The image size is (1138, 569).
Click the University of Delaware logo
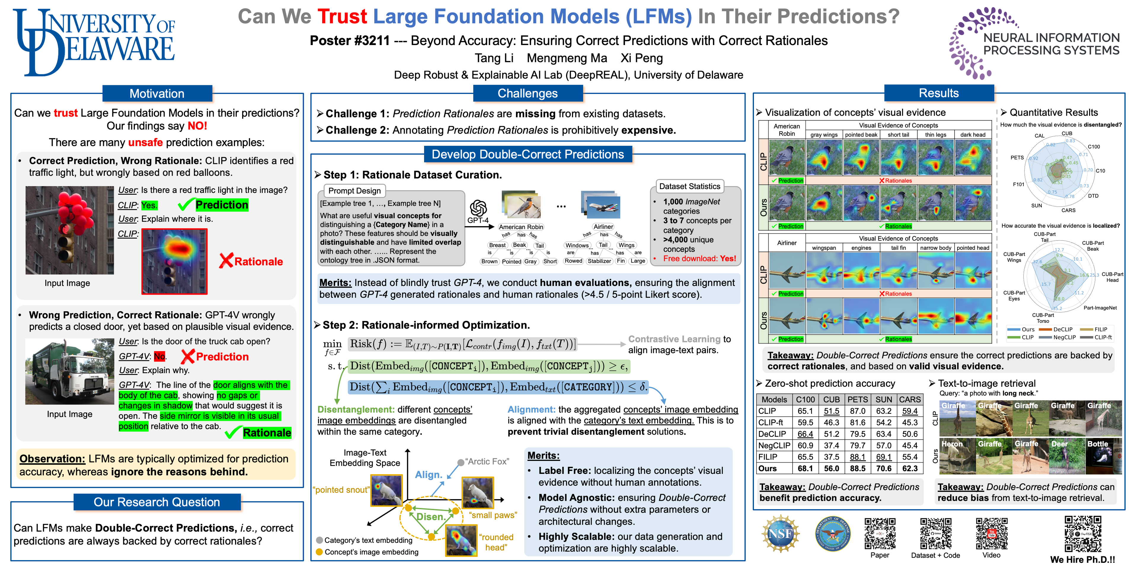94,42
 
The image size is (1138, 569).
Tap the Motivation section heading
157,94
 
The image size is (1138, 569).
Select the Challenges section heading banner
528,93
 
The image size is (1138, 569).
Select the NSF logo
780,534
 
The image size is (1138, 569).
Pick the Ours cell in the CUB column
831,468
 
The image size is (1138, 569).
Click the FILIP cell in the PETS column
857,457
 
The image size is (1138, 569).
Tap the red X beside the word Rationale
226,261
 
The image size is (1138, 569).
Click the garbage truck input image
70,372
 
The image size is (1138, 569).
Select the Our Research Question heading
157,502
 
